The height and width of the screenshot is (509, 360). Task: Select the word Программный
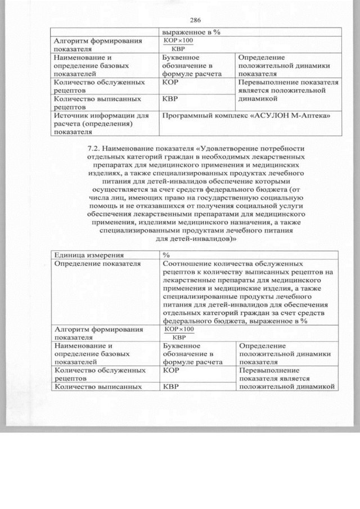coord(185,116)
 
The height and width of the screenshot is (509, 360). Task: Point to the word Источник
coord(70,116)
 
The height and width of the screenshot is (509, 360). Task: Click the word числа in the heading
coord(94,198)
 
